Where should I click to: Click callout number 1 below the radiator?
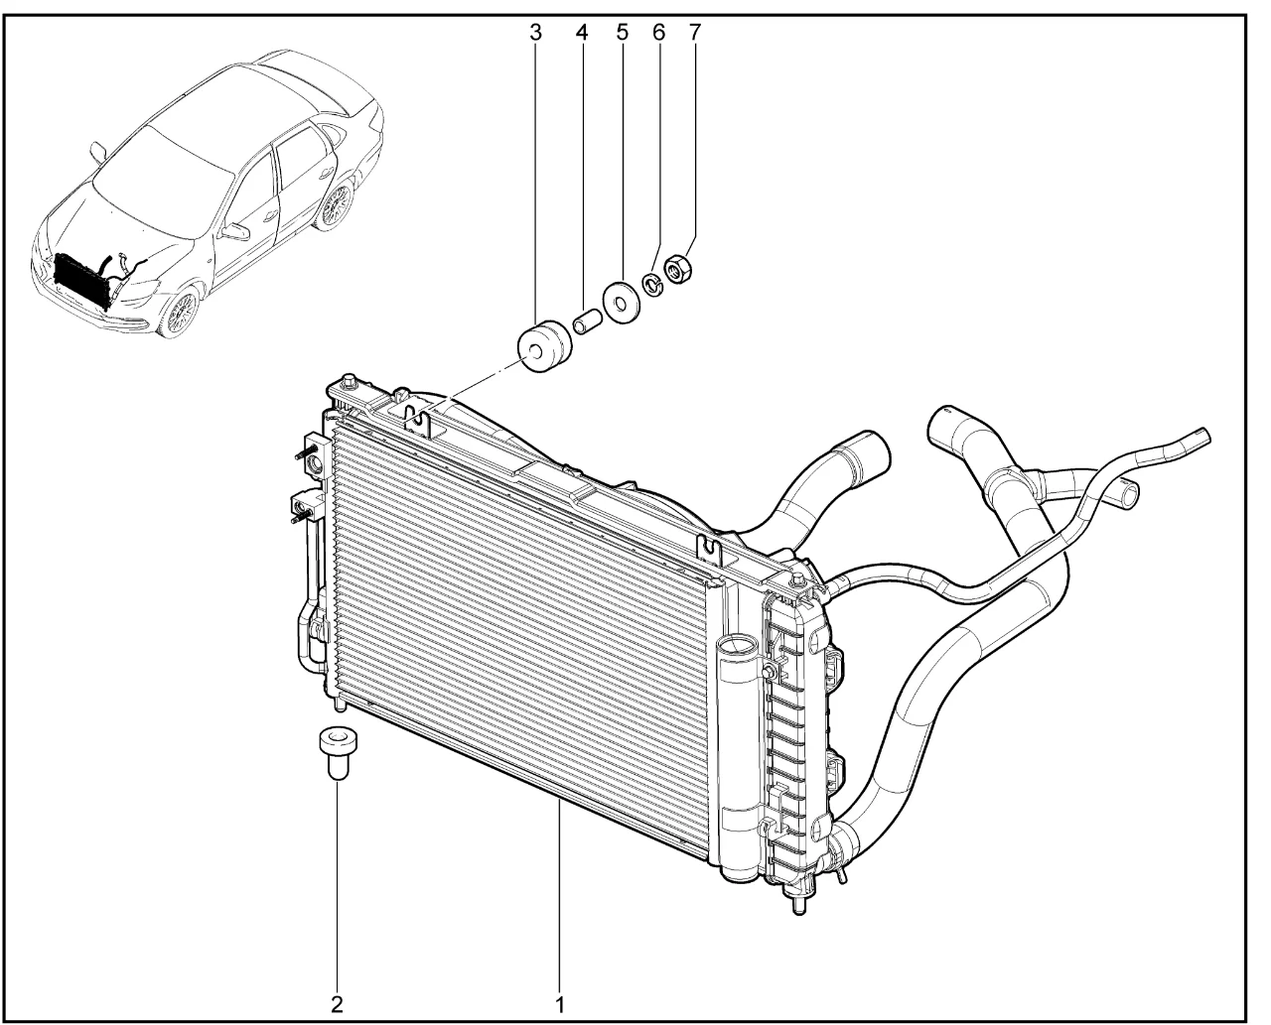pyautogui.click(x=559, y=1002)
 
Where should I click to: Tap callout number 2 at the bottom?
pyautogui.click(x=338, y=1002)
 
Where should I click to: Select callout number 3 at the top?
pyautogui.click(x=535, y=32)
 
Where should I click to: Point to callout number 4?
pyautogui.click(x=582, y=32)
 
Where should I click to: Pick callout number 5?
pyautogui.click(x=623, y=32)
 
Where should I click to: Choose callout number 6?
pyautogui.click(x=658, y=32)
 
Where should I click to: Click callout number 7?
pyautogui.click(x=694, y=32)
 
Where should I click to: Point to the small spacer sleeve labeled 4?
pyautogui.click(x=587, y=323)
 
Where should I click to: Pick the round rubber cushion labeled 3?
pyautogui.click(x=543, y=346)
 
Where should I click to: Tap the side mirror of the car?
pyautogui.click(x=96, y=152)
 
